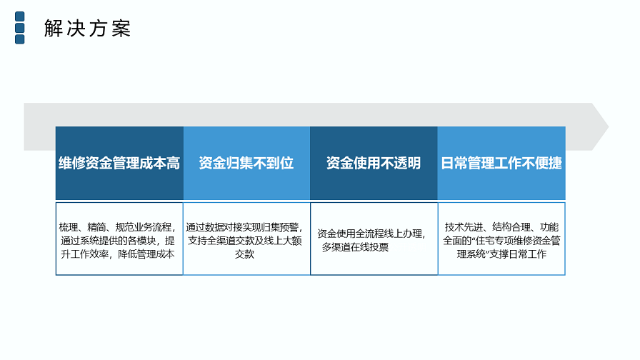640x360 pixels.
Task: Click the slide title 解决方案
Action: [87, 29]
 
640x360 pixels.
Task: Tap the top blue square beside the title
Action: [19, 16]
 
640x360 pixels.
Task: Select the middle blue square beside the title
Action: [19, 28]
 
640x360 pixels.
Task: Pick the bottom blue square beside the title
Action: [19, 39]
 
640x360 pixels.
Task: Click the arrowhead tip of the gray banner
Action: [608, 126]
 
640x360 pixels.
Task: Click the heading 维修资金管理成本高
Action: [119, 164]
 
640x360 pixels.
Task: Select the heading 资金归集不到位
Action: [246, 164]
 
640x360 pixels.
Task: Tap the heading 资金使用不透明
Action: [374, 164]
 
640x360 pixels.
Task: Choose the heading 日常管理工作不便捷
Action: [501, 164]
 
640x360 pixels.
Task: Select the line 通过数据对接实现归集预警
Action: [242, 227]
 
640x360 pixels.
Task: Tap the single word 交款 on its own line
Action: [244, 254]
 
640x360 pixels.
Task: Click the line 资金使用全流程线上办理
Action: [369, 234]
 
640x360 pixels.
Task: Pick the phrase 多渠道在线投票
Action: [355, 247]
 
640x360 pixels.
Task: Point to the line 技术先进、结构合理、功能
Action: [501, 227]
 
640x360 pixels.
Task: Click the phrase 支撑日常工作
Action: [518, 254]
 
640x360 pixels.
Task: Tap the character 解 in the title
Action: [54, 29]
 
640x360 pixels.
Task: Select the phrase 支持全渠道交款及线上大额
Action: [244, 241]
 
